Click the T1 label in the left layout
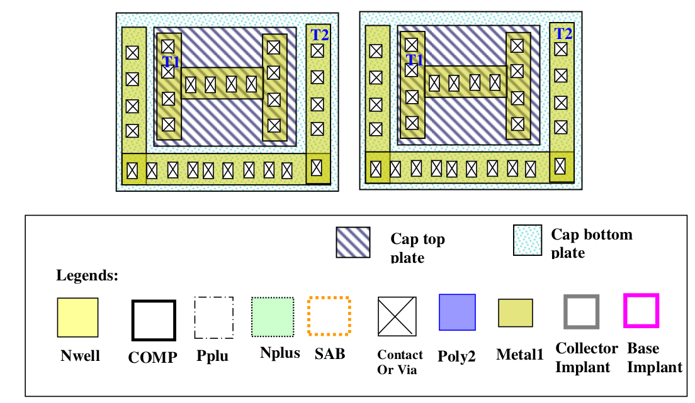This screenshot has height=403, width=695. coord(171,61)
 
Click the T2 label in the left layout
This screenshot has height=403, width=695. coord(320,35)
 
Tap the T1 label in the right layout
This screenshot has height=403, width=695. coord(415,60)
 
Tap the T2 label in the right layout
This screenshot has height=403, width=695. coord(563,33)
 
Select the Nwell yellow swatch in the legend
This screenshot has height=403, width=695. coord(78,317)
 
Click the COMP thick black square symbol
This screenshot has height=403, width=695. coord(153,320)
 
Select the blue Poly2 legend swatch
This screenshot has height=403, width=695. coord(457,312)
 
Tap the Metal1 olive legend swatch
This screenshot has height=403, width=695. coord(516,313)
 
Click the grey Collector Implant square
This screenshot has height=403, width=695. coord(581,311)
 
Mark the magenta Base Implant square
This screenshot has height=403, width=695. coord(641,311)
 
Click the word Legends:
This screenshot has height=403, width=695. coord(87,275)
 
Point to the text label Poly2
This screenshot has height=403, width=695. coord(456,356)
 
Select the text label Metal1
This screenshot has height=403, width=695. coord(519,355)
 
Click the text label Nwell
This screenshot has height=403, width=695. coord(80,356)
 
